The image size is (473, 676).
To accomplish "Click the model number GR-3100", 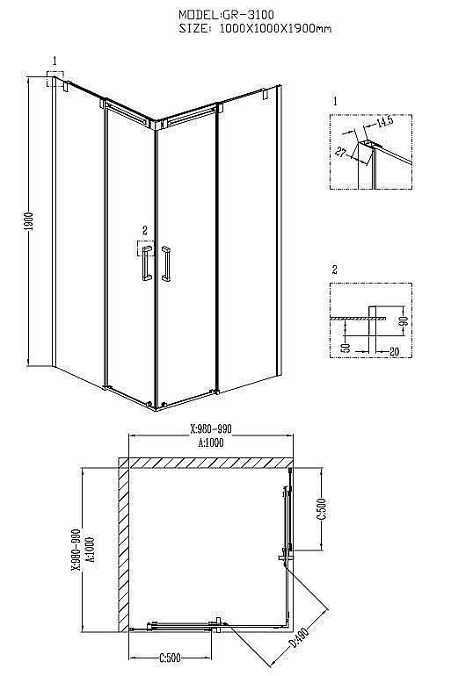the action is pos(248,15).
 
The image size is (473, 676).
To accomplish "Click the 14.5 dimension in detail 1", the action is pos(385,121).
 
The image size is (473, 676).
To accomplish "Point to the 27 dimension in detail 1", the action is pos(341,152).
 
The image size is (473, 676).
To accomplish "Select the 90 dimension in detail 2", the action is pos(404,320).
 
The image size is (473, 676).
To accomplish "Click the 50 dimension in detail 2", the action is pos(346,347).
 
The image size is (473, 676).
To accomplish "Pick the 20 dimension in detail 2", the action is pos(394,352).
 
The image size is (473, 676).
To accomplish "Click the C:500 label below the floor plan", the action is pos(170,658).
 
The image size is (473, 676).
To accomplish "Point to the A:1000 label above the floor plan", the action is pos(211,442).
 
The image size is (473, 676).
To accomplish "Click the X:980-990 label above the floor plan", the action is pos(211,428).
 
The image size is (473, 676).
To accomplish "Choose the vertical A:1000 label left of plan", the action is pos(91,550).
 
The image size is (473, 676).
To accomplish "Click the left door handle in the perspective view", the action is pos(145,264).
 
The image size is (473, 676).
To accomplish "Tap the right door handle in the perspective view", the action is pos(166,264).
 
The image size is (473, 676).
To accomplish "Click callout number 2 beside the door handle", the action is pos(144,230).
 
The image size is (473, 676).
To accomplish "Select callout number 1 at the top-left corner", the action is pos(55,61).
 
